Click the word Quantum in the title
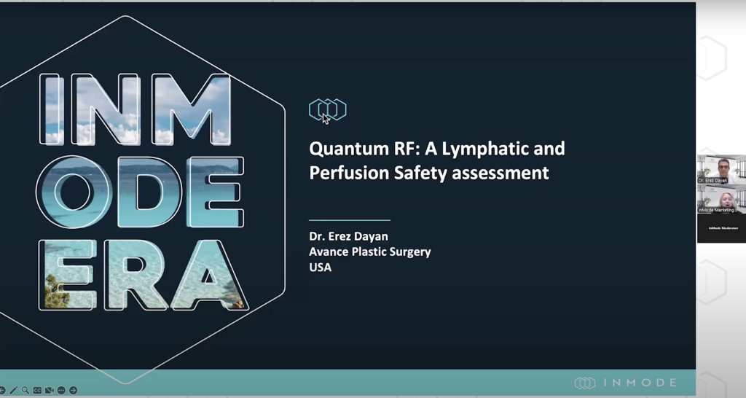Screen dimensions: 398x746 tap(341, 149)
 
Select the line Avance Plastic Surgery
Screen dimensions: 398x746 tap(369, 251)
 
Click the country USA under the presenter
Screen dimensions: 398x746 tap(320, 268)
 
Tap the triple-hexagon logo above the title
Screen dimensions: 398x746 tap(327, 109)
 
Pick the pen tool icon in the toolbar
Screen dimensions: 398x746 tap(13, 390)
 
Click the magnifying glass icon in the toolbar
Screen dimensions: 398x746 tap(25, 390)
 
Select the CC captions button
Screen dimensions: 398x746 tap(37, 390)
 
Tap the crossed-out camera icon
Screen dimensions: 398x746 tap(50, 390)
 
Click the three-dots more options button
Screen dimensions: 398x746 tap(61, 390)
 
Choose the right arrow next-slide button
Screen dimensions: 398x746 tap(73, 390)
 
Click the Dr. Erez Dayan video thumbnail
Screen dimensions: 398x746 tap(721, 169)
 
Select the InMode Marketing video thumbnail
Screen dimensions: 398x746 tap(721, 198)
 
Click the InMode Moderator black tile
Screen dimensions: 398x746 tap(721, 228)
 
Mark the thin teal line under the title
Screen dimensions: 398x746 tap(350, 219)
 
